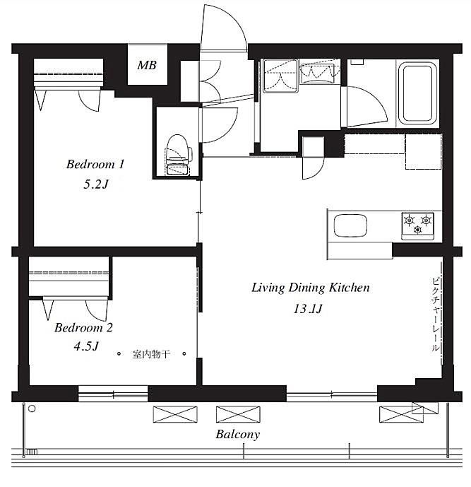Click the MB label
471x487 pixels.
(147, 65)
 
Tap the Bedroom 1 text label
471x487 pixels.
(95, 164)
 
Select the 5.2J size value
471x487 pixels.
(96, 184)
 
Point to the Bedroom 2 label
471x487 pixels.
(83, 328)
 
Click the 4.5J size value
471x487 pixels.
(86, 346)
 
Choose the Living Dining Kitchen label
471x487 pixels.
(311, 288)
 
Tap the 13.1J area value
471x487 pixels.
(308, 309)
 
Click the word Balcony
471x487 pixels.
(238, 435)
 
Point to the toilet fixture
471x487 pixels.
(178, 154)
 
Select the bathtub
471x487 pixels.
(417, 93)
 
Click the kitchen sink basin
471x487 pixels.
(350, 225)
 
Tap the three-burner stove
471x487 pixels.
(417, 226)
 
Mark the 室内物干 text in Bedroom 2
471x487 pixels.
(151, 353)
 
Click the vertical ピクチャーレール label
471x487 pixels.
(435, 315)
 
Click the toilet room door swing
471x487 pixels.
(220, 125)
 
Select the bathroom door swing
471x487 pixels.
(369, 105)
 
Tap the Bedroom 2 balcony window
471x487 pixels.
(113, 394)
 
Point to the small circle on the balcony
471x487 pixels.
(32, 409)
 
